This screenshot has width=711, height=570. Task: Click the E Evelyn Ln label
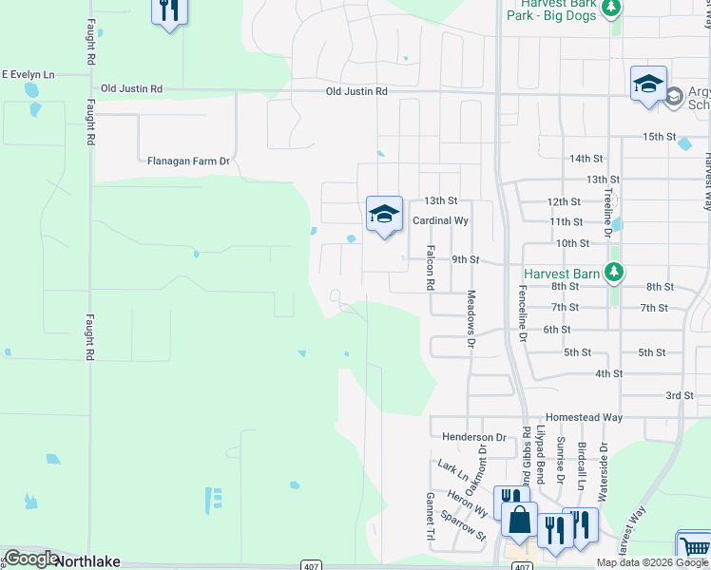point(28,74)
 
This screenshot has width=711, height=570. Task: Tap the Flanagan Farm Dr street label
point(189,161)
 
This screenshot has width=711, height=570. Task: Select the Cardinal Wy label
point(441,220)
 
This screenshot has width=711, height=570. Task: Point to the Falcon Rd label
point(431,268)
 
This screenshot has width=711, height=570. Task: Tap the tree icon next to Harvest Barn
point(614,274)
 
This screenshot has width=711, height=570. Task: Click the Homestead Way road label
point(584,418)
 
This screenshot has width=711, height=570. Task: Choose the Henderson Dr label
point(470,436)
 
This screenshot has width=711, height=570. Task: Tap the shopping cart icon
point(694,548)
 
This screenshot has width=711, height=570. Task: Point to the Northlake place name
point(88,561)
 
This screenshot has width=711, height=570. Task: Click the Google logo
point(30,559)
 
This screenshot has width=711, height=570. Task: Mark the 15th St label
point(658,137)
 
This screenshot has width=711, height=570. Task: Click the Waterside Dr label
point(602,470)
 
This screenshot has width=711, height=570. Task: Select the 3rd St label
point(679,395)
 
